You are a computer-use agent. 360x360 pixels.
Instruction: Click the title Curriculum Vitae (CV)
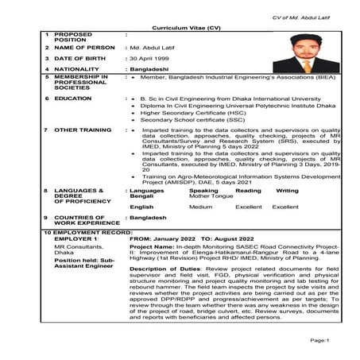point(180,26)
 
